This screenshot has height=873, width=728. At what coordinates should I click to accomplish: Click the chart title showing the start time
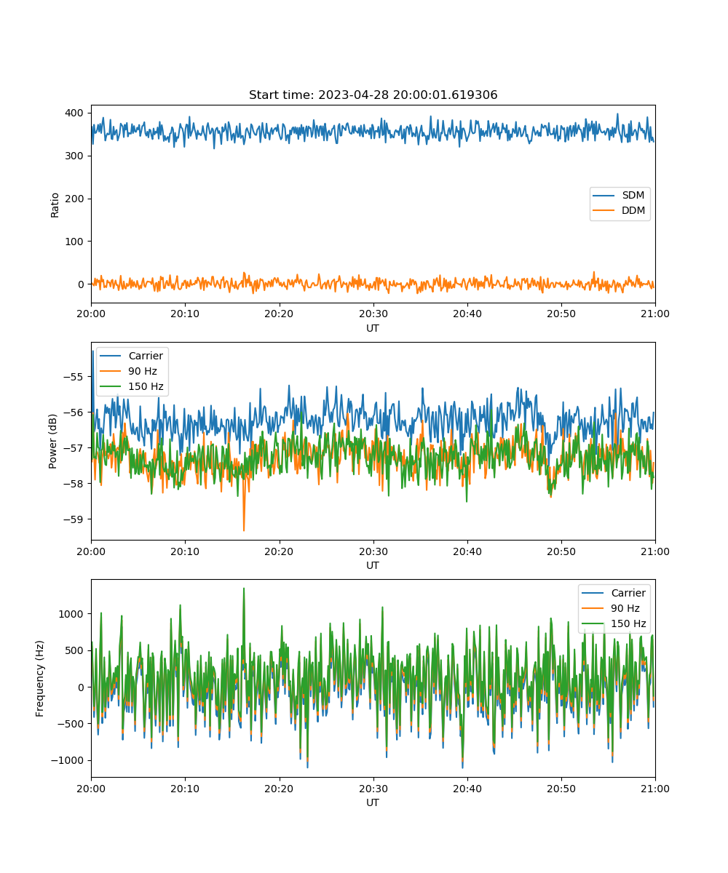pyautogui.click(x=373, y=95)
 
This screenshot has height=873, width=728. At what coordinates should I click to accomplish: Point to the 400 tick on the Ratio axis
pyautogui.click(x=74, y=113)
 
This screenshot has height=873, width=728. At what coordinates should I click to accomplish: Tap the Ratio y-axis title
pyautogui.click(x=55, y=205)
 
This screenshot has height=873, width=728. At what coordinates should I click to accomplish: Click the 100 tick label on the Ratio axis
pyautogui.click(x=74, y=242)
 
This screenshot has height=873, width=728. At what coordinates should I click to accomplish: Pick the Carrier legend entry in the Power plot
pyautogui.click(x=131, y=356)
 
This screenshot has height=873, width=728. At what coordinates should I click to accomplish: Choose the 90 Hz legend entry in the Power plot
pyautogui.click(x=128, y=371)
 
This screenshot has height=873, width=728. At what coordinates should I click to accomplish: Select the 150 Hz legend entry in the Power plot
pyautogui.click(x=131, y=386)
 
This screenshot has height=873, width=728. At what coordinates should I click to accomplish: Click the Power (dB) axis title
pyautogui.click(x=52, y=441)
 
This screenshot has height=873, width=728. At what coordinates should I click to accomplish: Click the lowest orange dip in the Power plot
pyautogui.click(x=244, y=530)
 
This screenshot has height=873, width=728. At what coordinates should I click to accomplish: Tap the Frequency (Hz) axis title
pyautogui.click(x=39, y=678)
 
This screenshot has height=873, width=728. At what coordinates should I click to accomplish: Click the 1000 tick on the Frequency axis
pyautogui.click(x=71, y=614)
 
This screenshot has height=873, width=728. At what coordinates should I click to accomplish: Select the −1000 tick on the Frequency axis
pyautogui.click(x=68, y=760)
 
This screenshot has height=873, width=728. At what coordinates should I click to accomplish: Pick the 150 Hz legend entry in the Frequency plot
pyautogui.click(x=614, y=623)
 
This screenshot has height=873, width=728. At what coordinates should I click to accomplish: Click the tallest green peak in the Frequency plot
pyautogui.click(x=244, y=589)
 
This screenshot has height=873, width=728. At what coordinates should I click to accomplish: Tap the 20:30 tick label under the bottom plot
pyautogui.click(x=373, y=789)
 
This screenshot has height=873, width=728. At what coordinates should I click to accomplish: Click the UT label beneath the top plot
pyautogui.click(x=373, y=328)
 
